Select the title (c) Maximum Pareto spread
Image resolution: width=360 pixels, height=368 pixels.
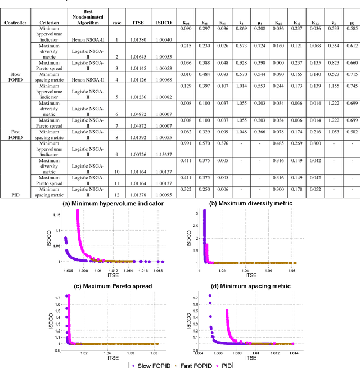112,286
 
